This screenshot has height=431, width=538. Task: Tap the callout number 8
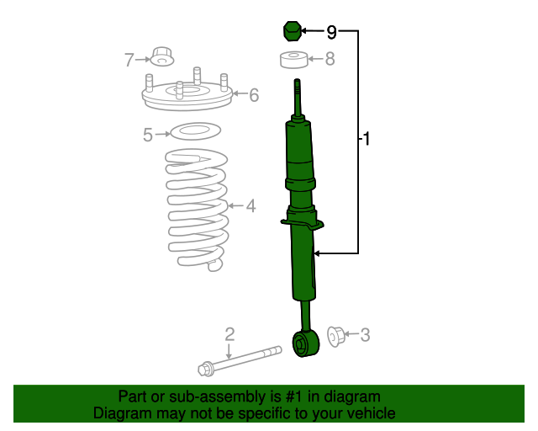(330, 59)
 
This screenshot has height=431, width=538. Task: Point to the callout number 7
(129, 60)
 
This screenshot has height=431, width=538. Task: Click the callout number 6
(253, 95)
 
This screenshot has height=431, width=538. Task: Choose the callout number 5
(148, 134)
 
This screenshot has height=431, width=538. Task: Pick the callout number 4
(250, 205)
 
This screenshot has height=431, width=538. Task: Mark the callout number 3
(364, 335)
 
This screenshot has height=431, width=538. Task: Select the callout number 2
(229, 334)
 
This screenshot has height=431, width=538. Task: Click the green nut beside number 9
(290, 31)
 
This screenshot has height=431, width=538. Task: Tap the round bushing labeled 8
(291, 60)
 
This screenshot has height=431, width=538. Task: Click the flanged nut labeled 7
(162, 57)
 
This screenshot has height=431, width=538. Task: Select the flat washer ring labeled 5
(195, 131)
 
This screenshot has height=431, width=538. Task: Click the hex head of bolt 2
(206, 368)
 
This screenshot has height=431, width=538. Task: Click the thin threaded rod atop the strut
(298, 97)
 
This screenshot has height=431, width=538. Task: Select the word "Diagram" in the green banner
(119, 413)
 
